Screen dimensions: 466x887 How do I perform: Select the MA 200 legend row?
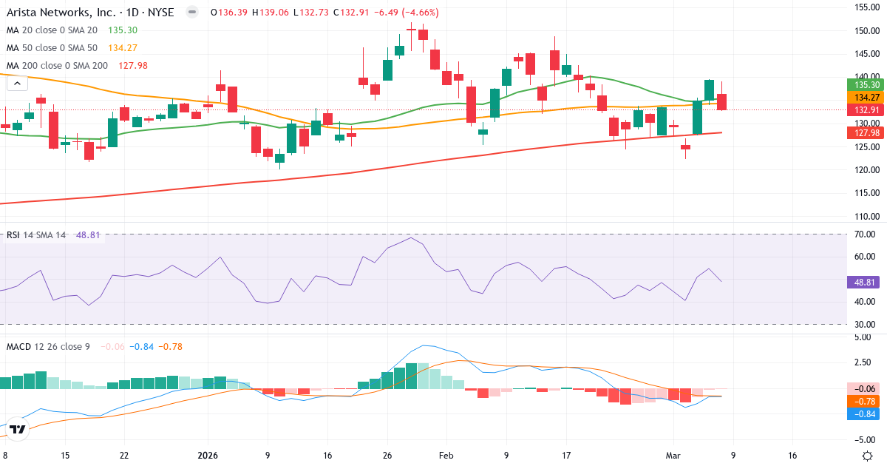56,66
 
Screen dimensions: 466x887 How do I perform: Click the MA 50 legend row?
52,48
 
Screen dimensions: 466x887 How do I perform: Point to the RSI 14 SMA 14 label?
36,235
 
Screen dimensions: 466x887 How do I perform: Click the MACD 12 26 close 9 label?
47,346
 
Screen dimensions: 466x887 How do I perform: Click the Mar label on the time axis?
673,456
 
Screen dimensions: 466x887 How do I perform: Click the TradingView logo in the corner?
18,429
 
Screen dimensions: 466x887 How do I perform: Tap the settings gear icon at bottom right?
869,456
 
